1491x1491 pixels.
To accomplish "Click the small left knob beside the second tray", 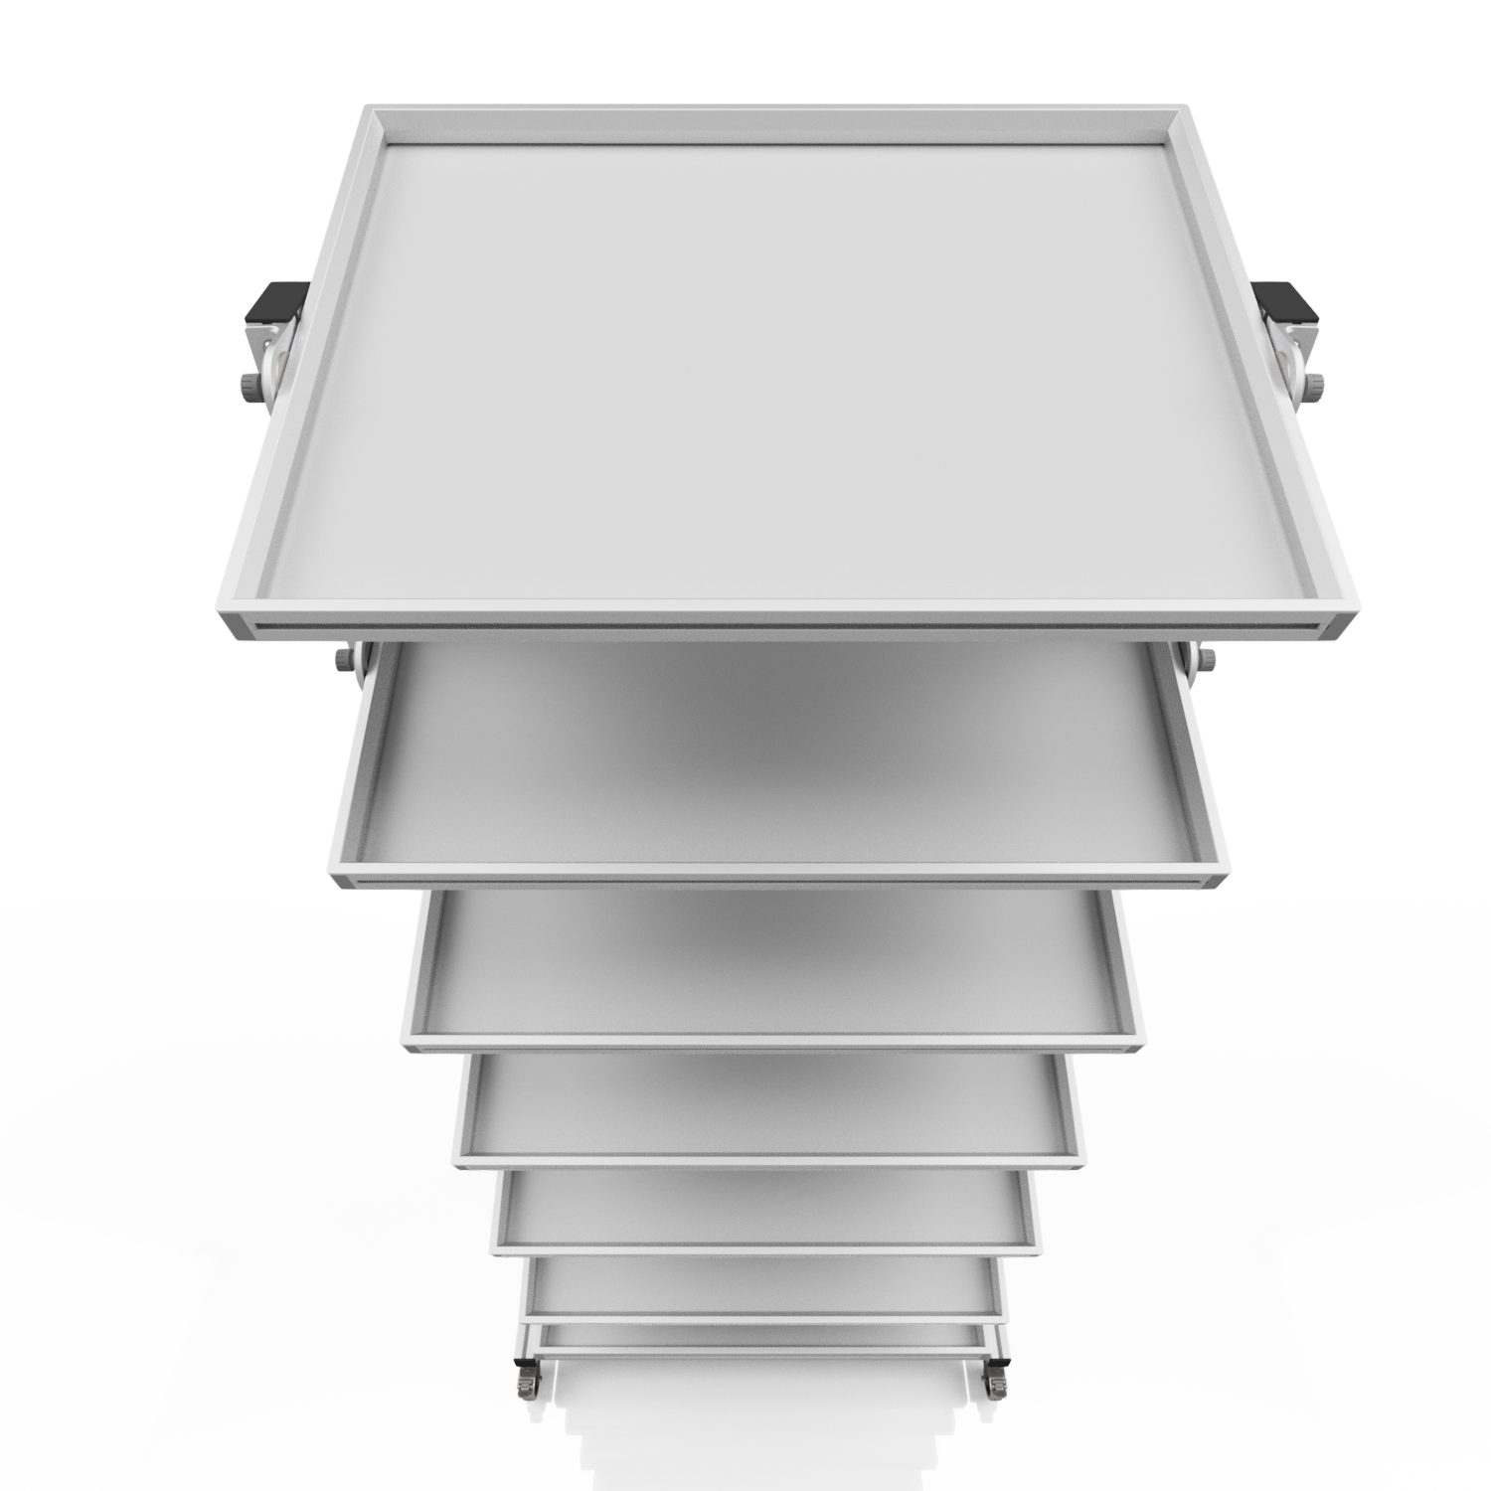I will tap(344, 660).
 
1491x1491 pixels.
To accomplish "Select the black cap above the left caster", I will tap(519, 1360).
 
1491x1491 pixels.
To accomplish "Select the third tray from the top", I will tap(775, 954).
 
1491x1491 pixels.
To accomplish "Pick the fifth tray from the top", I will tap(765, 1203).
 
